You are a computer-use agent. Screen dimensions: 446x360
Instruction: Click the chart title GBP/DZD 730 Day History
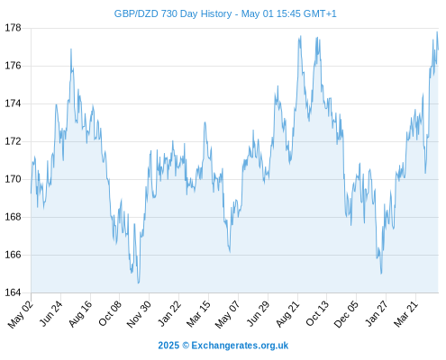point(173,13)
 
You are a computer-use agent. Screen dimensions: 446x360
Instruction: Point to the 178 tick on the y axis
point(14,28)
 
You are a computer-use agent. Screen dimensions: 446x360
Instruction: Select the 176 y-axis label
point(14,66)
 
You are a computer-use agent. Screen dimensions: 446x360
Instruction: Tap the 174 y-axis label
point(14,103)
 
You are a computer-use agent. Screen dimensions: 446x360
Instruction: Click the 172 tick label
point(14,141)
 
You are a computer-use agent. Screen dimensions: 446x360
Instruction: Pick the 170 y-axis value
point(14,179)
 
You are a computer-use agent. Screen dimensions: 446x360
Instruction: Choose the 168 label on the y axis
point(14,217)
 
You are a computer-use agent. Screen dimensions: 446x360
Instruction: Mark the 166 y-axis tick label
point(14,255)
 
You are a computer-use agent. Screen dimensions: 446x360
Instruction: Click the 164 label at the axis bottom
point(14,292)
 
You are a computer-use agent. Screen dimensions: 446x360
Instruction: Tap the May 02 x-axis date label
point(21,314)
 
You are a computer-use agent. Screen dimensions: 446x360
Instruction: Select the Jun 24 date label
point(51,313)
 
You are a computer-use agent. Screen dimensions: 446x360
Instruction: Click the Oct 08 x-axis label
point(110,313)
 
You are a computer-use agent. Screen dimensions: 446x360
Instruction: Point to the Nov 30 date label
point(139,314)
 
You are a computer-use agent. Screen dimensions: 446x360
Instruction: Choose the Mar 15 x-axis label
point(198,314)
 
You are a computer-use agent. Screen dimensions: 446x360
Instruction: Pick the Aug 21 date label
point(287,314)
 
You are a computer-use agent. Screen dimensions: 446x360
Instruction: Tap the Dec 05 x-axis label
point(346,314)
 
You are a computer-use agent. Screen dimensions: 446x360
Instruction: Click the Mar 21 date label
point(405,314)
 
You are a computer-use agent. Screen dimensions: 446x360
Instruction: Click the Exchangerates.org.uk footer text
point(240,346)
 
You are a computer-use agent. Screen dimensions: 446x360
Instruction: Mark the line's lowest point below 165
point(139,283)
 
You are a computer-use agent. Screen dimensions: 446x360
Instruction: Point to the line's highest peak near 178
point(437,31)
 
